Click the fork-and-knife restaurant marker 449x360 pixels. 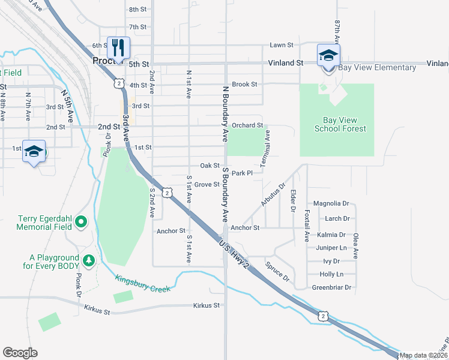tap(118, 47)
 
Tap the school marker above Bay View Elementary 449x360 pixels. tap(328, 55)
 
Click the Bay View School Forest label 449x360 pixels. tap(340, 124)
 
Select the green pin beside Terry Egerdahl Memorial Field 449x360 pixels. tap(82, 223)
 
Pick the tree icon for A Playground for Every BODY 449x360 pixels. tap(89, 260)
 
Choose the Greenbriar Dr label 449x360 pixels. tap(331, 287)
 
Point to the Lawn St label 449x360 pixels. tap(281, 45)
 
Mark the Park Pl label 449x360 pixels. tap(243, 173)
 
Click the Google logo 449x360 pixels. tap(20, 353)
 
